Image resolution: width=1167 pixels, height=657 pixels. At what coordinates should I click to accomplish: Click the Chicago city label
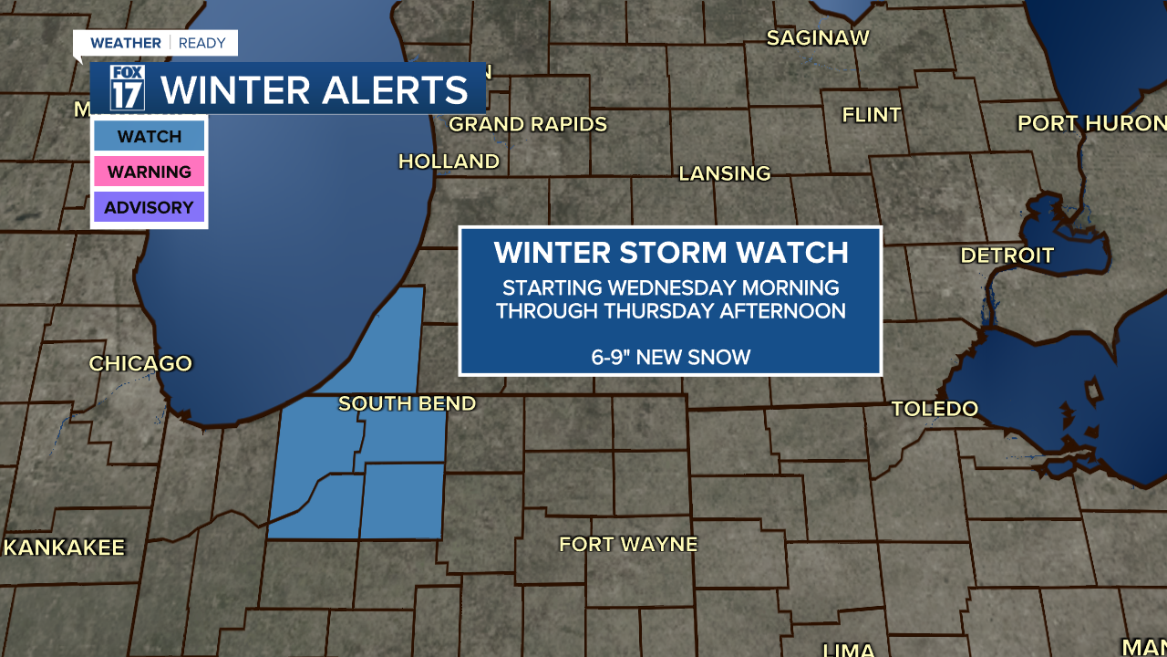point(140,363)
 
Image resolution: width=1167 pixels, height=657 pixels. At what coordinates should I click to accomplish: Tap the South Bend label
point(407,403)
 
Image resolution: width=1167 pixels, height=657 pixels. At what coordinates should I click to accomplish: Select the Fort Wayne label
point(627,545)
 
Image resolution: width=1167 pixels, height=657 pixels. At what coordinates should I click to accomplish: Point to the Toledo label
point(935,409)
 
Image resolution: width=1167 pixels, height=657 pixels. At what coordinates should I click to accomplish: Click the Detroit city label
point(1007,255)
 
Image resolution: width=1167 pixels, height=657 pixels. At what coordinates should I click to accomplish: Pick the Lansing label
point(725,173)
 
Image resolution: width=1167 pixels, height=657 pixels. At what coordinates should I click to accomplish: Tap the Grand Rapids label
point(528,124)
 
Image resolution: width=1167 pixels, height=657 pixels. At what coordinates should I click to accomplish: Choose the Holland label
point(449,162)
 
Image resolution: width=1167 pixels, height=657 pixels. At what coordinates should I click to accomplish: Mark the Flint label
point(871,115)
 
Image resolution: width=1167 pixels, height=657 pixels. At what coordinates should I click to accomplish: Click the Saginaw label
point(818,38)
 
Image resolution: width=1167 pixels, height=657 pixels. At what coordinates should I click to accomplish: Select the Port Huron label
point(1091,123)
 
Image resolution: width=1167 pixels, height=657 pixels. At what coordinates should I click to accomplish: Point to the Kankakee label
point(64,547)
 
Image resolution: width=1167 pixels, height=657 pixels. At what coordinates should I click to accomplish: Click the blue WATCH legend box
point(149,137)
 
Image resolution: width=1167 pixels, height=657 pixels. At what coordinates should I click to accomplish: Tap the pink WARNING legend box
point(149,172)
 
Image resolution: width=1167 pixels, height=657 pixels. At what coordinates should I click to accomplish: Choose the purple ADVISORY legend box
point(149,207)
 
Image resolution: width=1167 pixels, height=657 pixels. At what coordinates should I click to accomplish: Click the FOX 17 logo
point(128,88)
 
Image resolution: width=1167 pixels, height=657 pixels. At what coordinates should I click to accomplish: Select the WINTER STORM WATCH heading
point(670,253)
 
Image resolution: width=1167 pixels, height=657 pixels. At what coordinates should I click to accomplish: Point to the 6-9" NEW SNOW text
point(670,357)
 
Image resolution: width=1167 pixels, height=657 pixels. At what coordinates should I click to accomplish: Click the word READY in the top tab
point(202,43)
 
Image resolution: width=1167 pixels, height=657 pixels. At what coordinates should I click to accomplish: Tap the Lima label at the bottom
point(848,650)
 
